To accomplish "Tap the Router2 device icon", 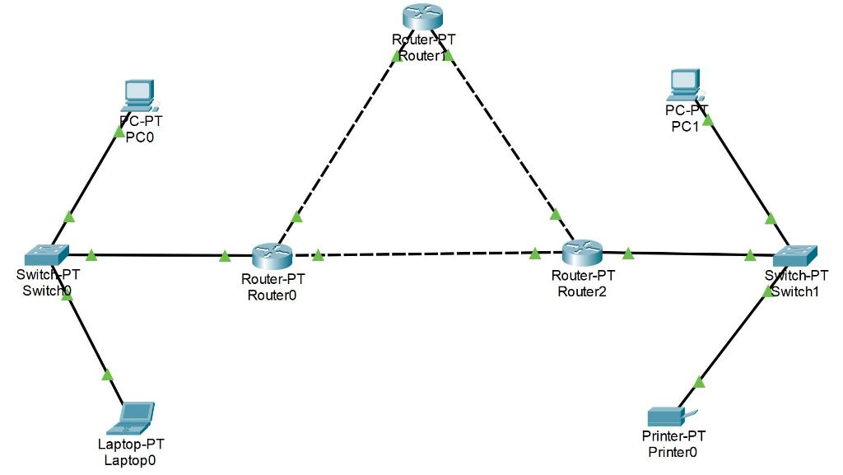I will pyautogui.click(x=583, y=253).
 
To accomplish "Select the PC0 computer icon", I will pyautogui.click(x=138, y=95).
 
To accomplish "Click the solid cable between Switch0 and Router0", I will pyautogui.click(x=156, y=255).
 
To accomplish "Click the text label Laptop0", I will pyautogui.click(x=130, y=460).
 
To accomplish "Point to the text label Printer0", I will pyautogui.click(x=673, y=451).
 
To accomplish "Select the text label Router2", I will pyautogui.click(x=582, y=291).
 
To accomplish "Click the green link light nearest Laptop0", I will pyautogui.click(x=107, y=375).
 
